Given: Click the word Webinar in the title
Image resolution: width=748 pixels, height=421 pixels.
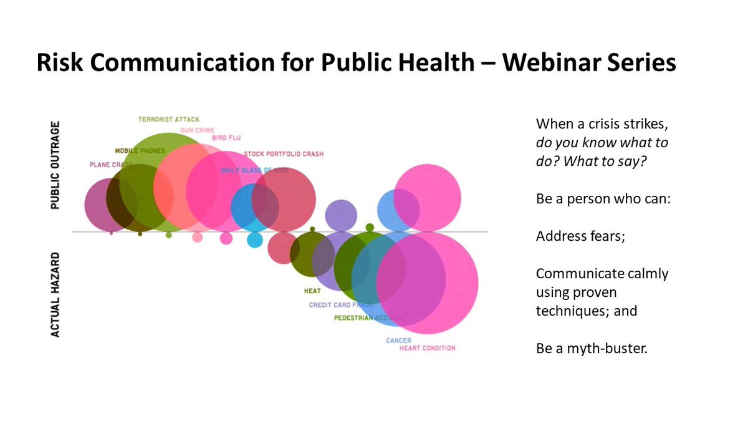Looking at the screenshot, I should (x=529, y=64).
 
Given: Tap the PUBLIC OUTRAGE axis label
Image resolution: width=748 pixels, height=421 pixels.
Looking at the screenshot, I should (x=55, y=166).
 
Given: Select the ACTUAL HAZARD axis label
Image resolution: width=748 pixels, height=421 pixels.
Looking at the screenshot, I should (x=55, y=294).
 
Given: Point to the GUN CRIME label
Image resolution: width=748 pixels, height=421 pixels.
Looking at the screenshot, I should (x=198, y=130).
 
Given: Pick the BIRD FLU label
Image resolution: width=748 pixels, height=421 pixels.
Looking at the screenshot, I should (x=226, y=138).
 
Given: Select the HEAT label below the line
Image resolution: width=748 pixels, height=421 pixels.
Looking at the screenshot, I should (x=312, y=291).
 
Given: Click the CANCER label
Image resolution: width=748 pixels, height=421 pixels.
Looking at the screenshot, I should (x=398, y=341).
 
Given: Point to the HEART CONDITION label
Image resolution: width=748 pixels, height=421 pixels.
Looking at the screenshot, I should (x=428, y=348).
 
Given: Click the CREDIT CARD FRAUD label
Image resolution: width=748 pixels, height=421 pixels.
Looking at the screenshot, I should (x=341, y=305).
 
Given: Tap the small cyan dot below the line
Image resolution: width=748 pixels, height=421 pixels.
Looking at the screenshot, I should (x=255, y=239).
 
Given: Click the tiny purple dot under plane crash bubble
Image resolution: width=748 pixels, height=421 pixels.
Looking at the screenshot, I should (x=111, y=233).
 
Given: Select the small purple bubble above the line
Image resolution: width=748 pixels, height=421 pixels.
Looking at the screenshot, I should (x=341, y=216).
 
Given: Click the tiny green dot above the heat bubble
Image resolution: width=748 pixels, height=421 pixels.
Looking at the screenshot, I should (x=312, y=229).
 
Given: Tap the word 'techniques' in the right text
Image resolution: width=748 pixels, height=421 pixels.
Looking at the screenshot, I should (x=568, y=310).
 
